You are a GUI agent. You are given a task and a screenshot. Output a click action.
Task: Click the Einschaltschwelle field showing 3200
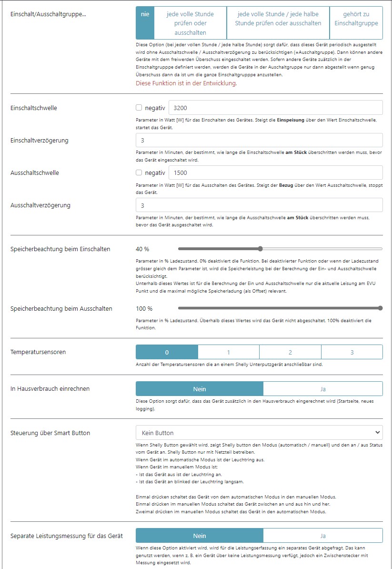[276, 108]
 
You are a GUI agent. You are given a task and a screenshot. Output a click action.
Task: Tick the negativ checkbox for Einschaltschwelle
[139, 108]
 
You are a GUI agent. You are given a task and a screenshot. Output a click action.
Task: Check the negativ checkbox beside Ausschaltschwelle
[139, 173]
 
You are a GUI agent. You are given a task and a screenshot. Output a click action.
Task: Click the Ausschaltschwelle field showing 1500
[276, 173]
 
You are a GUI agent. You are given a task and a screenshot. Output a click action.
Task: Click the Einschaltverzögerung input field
[259, 140]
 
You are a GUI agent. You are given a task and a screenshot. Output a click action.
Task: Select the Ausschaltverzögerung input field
[259, 205]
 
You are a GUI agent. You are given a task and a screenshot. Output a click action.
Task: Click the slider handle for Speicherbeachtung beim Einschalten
[260, 249]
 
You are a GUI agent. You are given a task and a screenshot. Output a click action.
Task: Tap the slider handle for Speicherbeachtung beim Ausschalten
[380, 308]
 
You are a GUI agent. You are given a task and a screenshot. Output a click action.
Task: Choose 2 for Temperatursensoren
[290, 352]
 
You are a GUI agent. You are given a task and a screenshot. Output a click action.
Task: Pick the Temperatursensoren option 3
[352, 352]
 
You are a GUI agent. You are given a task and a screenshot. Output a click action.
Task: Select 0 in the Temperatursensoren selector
[167, 352]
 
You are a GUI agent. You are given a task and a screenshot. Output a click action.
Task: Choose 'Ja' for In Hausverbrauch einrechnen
[322, 389]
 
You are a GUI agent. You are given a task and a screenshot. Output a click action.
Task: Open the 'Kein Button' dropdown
[259, 433]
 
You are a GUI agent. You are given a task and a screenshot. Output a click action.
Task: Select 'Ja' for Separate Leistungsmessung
[322, 536]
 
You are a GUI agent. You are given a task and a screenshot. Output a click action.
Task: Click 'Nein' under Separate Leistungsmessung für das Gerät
[200, 536]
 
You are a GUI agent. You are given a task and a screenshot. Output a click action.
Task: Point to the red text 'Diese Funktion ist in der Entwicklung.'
[186, 83]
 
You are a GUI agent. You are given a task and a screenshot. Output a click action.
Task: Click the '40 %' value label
[142, 249]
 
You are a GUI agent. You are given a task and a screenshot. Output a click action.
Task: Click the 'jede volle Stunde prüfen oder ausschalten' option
[190, 23]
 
